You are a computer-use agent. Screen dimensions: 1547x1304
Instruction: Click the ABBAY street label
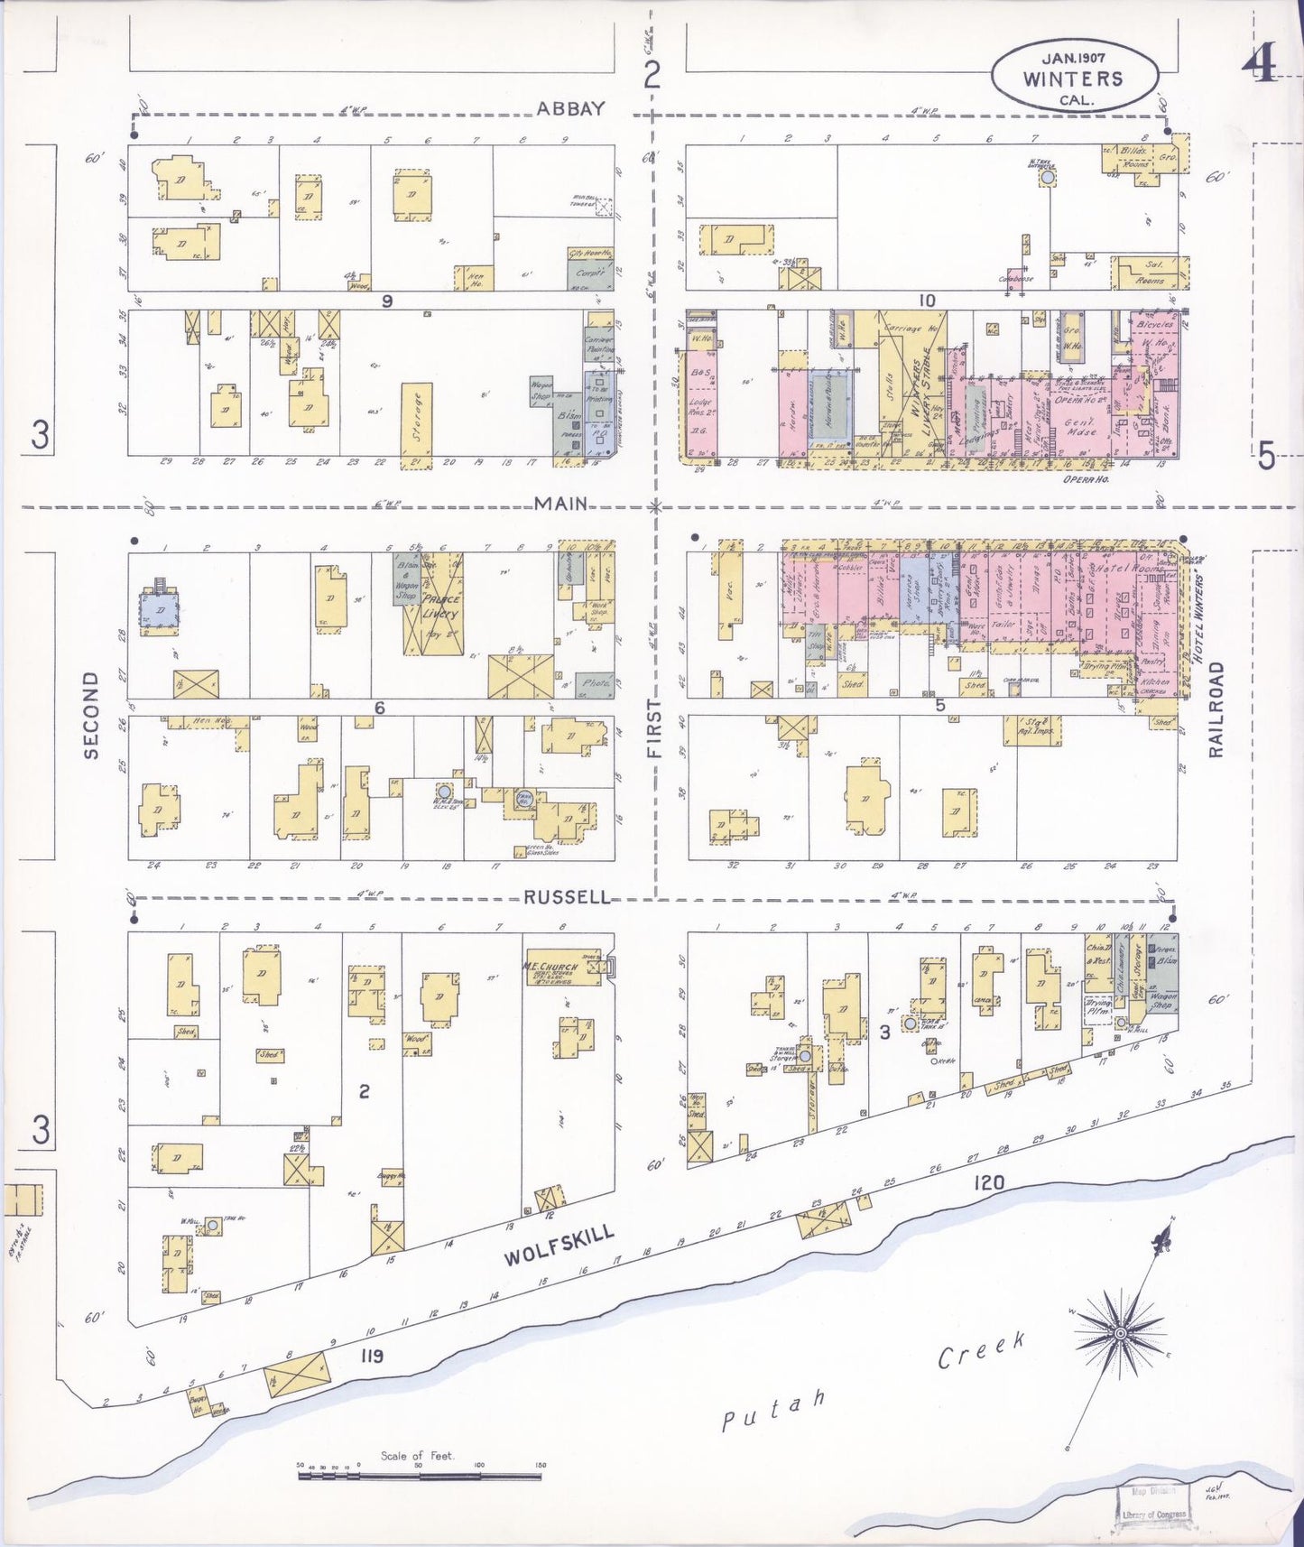(x=570, y=109)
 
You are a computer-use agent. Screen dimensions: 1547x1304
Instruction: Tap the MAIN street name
(x=560, y=504)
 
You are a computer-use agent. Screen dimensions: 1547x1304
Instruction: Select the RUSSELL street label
(x=567, y=898)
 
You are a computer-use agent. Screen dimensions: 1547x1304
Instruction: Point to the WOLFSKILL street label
(x=560, y=1246)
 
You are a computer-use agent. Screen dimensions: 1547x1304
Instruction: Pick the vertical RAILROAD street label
(x=1216, y=709)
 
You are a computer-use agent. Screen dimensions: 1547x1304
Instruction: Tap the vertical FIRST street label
(x=654, y=727)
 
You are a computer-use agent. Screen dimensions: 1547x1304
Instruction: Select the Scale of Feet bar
(x=421, y=1477)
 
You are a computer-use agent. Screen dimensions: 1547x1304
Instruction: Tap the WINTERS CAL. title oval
(x=1074, y=79)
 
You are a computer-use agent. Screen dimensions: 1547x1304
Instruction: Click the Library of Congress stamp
(x=1153, y=1509)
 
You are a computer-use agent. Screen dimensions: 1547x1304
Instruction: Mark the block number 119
(x=371, y=1355)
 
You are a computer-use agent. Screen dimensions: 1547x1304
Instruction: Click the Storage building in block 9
(x=417, y=418)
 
